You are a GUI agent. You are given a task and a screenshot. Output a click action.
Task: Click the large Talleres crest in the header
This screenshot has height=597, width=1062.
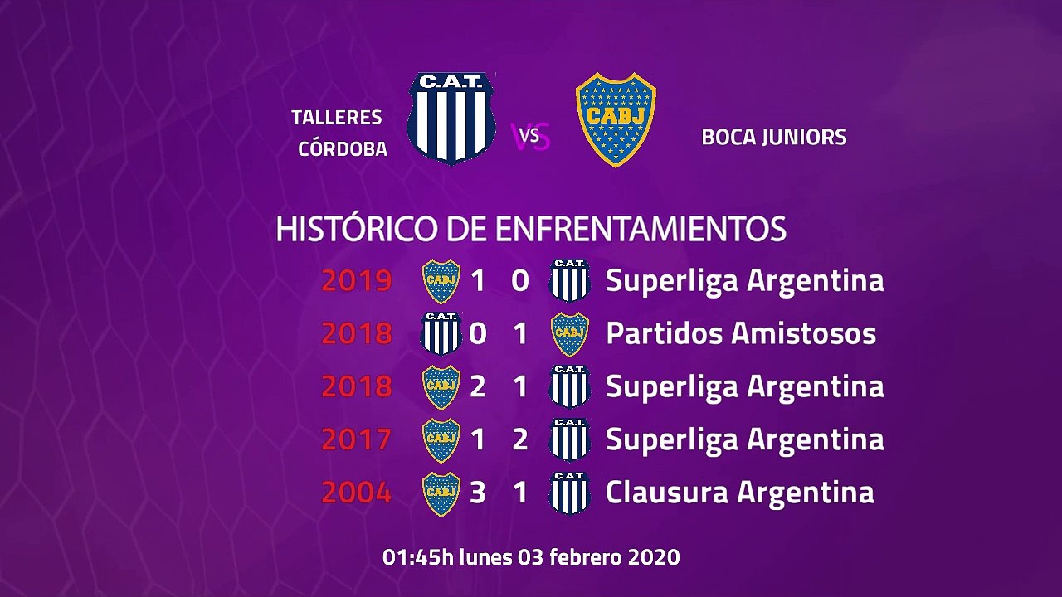(x=451, y=118)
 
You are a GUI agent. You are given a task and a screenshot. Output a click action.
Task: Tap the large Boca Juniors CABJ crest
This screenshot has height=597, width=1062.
(x=616, y=119)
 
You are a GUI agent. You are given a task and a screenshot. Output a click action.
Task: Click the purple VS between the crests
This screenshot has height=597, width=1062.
(x=533, y=137)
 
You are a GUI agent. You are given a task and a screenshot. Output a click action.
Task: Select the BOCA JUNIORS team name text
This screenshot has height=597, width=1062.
(x=774, y=137)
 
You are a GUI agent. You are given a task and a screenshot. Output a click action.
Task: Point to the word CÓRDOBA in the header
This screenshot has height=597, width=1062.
(x=343, y=149)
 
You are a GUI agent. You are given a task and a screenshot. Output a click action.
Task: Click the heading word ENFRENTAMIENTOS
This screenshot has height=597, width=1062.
(x=641, y=229)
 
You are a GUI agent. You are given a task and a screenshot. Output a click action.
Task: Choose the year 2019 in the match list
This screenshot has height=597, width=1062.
(x=357, y=281)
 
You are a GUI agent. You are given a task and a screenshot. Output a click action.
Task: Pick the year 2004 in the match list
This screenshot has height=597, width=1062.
(x=357, y=493)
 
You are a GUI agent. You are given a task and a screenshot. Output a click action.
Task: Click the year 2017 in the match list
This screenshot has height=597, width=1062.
(x=357, y=439)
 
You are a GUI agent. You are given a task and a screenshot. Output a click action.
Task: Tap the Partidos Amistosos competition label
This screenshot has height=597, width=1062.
(x=741, y=333)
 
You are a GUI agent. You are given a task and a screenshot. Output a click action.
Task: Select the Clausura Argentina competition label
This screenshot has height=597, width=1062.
(x=739, y=493)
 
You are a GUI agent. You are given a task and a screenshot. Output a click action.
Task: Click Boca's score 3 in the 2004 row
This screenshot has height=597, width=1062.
(x=477, y=493)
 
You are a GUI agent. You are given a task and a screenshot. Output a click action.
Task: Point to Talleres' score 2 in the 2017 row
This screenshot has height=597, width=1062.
(x=520, y=439)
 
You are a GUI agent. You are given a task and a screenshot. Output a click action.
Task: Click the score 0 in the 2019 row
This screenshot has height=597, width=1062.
(x=520, y=281)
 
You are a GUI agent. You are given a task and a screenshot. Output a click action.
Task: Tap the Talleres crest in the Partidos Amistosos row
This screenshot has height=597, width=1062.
(x=441, y=333)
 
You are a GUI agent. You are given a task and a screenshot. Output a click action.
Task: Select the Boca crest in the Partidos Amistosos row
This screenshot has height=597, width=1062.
(x=570, y=333)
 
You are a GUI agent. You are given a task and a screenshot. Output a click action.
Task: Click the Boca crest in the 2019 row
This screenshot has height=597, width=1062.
(x=441, y=281)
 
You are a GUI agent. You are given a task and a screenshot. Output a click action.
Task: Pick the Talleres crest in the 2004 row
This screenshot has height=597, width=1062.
(x=570, y=493)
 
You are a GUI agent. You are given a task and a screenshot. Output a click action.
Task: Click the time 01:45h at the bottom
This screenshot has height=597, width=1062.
(x=418, y=557)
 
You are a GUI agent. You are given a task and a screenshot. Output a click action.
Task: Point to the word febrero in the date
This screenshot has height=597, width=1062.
(x=586, y=557)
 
